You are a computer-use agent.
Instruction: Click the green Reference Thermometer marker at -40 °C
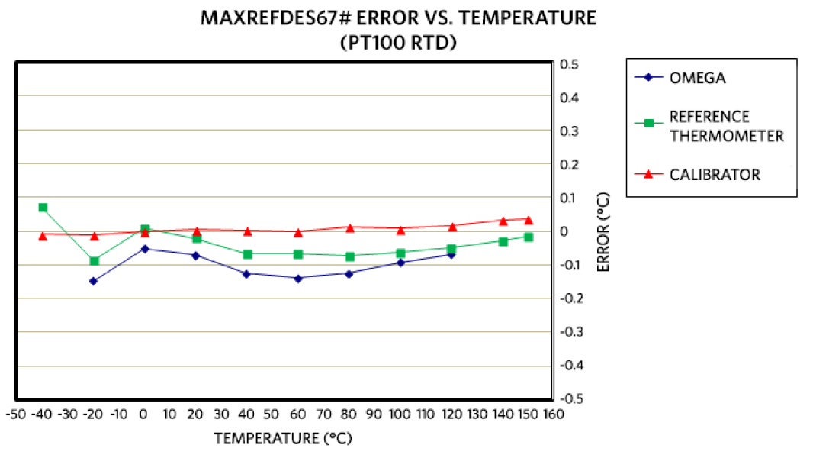(43, 208)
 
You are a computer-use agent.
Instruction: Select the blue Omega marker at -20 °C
(94, 281)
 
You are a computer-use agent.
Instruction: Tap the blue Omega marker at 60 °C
(298, 278)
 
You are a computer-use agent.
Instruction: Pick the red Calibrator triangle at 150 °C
(529, 219)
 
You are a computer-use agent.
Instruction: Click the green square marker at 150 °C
(529, 237)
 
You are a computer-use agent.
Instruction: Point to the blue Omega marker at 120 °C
(451, 254)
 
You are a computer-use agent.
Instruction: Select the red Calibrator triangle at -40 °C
(43, 235)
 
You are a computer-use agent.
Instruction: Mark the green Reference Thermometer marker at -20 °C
(94, 261)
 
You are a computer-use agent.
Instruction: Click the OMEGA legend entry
(697, 78)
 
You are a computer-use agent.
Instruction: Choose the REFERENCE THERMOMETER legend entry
(725, 127)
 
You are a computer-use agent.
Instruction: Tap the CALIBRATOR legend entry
(714, 175)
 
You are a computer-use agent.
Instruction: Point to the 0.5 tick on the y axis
(569, 64)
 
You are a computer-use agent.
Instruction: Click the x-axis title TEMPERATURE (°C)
(283, 438)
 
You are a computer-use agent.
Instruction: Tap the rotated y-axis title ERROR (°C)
(603, 231)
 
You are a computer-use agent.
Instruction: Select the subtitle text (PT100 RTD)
(398, 43)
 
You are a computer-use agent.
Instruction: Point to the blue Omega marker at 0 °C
(145, 249)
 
